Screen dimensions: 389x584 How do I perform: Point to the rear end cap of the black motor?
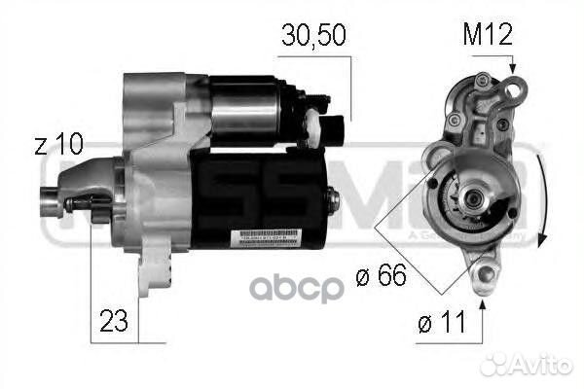click(x=329, y=200)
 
